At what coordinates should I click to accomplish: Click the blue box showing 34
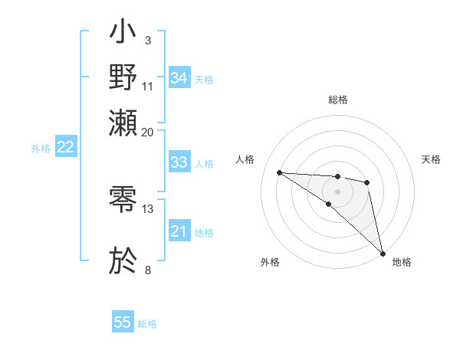(179, 77)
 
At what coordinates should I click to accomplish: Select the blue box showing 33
(179, 162)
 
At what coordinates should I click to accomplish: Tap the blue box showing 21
(179, 231)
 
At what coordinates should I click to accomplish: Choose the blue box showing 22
(65, 148)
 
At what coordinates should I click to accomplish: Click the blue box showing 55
(123, 322)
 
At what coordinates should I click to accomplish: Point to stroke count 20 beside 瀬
(148, 132)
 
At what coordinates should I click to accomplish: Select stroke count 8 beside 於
(148, 270)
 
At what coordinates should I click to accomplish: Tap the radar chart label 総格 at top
(337, 100)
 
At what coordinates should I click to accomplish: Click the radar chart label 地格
(402, 262)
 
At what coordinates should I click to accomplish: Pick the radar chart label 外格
(270, 262)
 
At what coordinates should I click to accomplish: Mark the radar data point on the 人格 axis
(279, 172)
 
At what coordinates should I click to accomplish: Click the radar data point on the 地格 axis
(383, 253)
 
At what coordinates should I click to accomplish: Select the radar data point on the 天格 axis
(367, 182)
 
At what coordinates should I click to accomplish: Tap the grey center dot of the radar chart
(337, 191)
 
